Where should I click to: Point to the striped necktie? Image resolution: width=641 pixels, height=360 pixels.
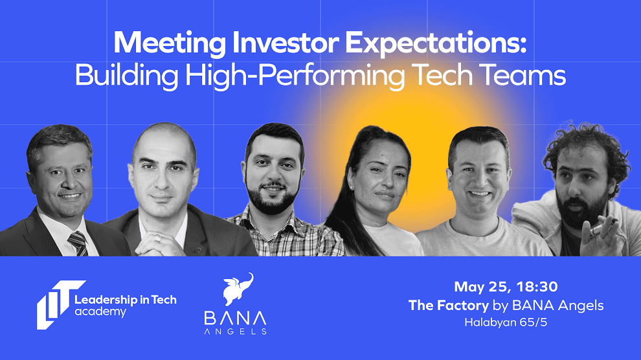tap(78, 243)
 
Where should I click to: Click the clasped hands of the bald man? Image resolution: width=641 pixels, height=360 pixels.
tap(161, 244)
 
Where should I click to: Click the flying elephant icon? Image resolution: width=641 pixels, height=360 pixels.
tap(238, 289)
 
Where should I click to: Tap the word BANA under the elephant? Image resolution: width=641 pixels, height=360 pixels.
tap(235, 319)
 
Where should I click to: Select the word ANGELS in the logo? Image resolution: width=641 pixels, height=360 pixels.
tap(235, 332)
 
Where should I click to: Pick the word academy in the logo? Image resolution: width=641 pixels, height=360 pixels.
tap(100, 312)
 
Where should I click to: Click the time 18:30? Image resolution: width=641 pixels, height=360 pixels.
tap(537, 286)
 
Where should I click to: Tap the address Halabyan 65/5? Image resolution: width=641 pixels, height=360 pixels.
tap(506, 322)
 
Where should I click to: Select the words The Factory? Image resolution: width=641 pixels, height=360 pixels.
tap(449, 305)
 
